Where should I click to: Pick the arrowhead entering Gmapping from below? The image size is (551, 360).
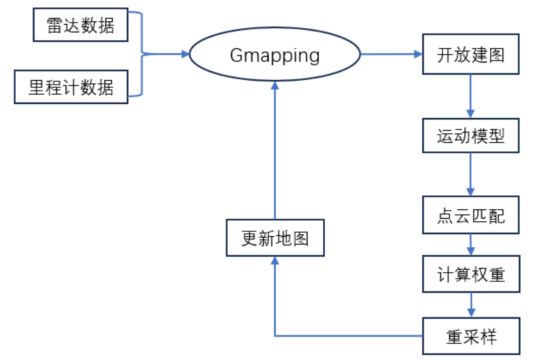tap(274, 90)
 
